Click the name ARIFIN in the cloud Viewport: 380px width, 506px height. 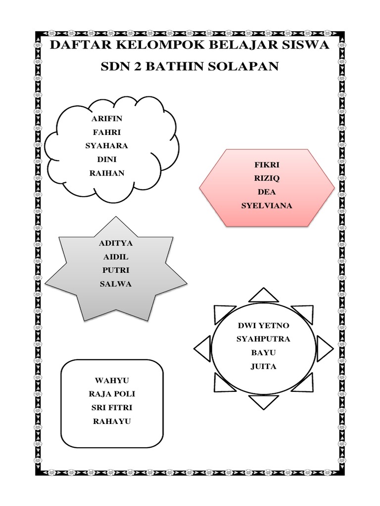point(107,119)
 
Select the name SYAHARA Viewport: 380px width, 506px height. point(107,146)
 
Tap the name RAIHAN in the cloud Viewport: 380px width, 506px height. point(107,173)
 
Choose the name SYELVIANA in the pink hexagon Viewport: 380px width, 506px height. point(267,206)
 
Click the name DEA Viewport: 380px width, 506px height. point(267,192)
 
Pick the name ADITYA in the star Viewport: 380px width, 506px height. point(116,243)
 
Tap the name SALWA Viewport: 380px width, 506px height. point(116,284)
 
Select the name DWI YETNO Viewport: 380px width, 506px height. point(263,326)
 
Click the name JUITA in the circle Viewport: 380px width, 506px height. point(263,367)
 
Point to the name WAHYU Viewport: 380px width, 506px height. point(112,380)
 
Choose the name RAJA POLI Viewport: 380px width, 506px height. point(112,394)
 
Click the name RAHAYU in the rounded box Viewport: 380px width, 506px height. point(112,421)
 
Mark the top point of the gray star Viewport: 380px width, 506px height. point(116,218)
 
